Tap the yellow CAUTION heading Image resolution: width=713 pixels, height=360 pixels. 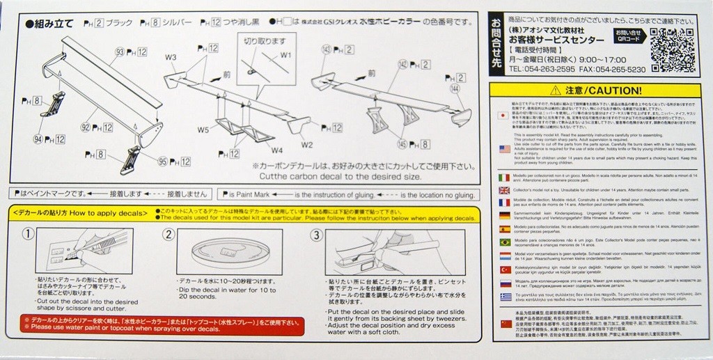pos(600,91)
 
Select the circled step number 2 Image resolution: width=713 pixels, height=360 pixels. pos(168,234)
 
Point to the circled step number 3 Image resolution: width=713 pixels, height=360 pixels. pos(316,234)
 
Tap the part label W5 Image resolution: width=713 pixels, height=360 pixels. pos(203,129)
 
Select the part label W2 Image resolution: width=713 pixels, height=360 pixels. pos(307,144)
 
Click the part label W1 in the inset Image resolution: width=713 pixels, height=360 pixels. pos(285,55)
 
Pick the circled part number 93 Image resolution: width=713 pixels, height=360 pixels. pos(120,52)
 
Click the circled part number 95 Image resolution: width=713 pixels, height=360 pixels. pos(163,162)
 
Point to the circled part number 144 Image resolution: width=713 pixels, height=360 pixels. pos(455,89)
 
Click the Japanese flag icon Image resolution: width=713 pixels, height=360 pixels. pos(505,116)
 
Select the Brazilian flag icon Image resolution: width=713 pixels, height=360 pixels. pos(505,242)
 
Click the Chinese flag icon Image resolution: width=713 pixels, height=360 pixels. pos(505,323)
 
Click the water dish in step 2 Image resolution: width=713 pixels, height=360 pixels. pos(229,253)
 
